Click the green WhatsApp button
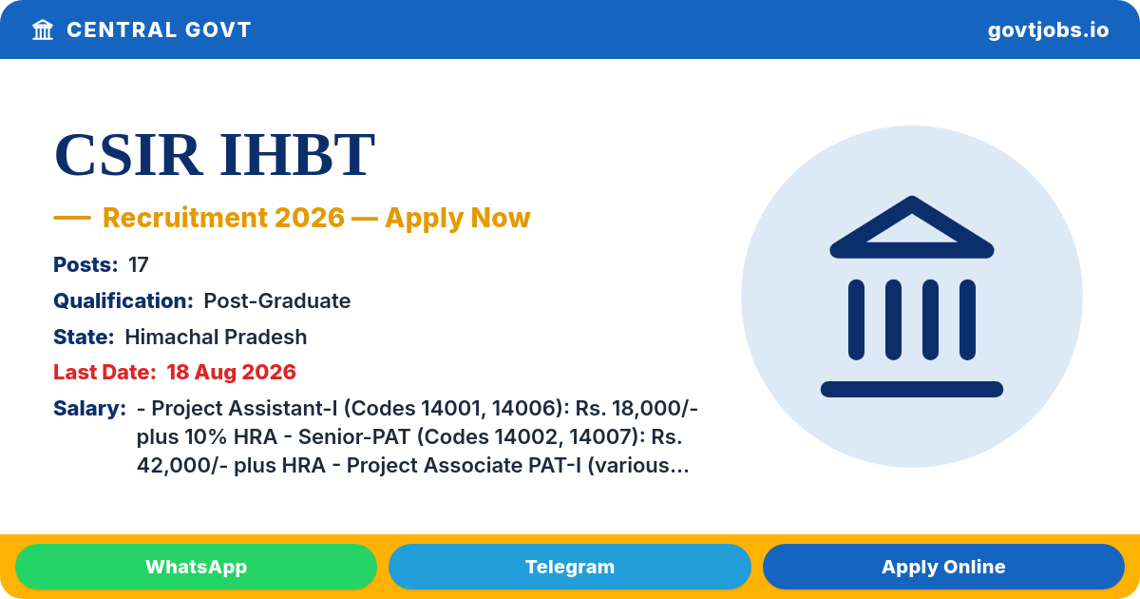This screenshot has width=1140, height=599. (x=196, y=567)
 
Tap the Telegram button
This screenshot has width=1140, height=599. (x=569, y=567)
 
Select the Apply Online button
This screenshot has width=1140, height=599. (x=943, y=567)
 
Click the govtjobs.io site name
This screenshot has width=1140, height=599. (x=1048, y=30)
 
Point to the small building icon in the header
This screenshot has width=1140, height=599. (x=43, y=30)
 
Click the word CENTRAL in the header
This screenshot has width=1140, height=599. (x=122, y=30)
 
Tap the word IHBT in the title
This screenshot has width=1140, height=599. (x=297, y=154)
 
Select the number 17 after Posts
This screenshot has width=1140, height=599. (x=139, y=265)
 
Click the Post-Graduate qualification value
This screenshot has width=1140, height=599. (x=276, y=301)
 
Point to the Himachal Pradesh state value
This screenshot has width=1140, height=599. (x=216, y=338)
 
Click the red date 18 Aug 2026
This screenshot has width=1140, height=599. (x=231, y=373)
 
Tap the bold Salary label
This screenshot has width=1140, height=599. (x=90, y=409)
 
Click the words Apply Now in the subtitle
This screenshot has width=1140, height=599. (x=458, y=218)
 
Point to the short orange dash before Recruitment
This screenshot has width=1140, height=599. (x=72, y=218)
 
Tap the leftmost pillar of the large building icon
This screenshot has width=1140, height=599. (x=857, y=319)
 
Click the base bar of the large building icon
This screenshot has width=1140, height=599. (x=912, y=389)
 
